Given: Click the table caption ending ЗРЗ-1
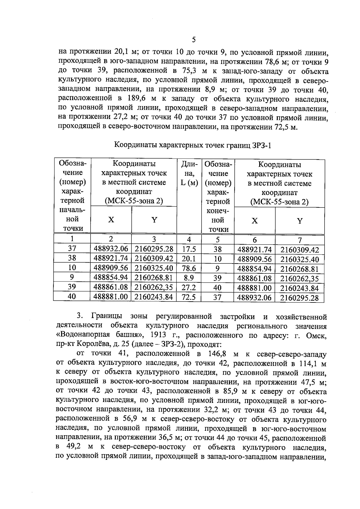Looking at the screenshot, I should (193, 146).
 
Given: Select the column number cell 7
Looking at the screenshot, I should (299, 240).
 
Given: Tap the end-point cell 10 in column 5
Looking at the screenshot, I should (217, 259).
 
